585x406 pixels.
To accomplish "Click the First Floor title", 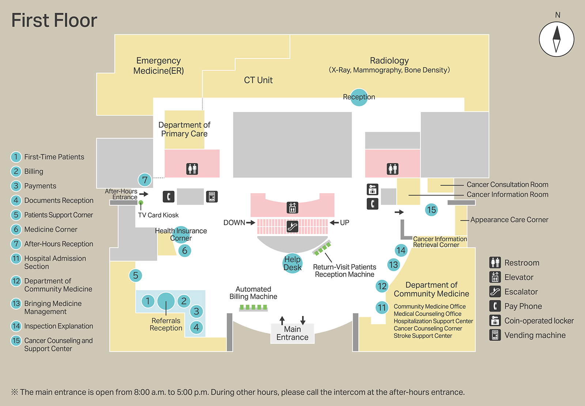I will (x=54, y=20).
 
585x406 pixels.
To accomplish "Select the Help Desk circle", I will (x=292, y=263).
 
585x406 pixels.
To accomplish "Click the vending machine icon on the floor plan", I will (x=212, y=197).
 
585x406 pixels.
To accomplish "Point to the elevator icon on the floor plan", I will (x=292, y=208).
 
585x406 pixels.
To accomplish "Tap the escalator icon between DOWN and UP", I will (x=292, y=227).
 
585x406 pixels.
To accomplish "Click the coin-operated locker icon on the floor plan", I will (x=372, y=189).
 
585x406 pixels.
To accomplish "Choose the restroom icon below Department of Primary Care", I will (x=192, y=169).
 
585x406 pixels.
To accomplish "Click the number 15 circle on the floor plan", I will (x=431, y=210).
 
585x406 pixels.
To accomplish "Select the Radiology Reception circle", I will (x=359, y=97).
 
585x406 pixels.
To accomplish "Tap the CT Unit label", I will (x=258, y=80).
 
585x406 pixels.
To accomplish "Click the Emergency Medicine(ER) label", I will (x=158, y=66).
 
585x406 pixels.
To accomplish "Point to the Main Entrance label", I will (x=292, y=334).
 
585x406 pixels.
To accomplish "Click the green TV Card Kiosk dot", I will (x=141, y=203).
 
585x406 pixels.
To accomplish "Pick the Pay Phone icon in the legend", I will (x=495, y=306).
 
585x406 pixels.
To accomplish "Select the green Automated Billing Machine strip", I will (x=253, y=308).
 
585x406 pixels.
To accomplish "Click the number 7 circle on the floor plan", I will (x=145, y=180).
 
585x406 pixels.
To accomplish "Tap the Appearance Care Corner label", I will (x=509, y=220).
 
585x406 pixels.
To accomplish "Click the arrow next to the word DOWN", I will (x=251, y=222).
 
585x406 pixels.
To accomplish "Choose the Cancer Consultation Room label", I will (x=507, y=185).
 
